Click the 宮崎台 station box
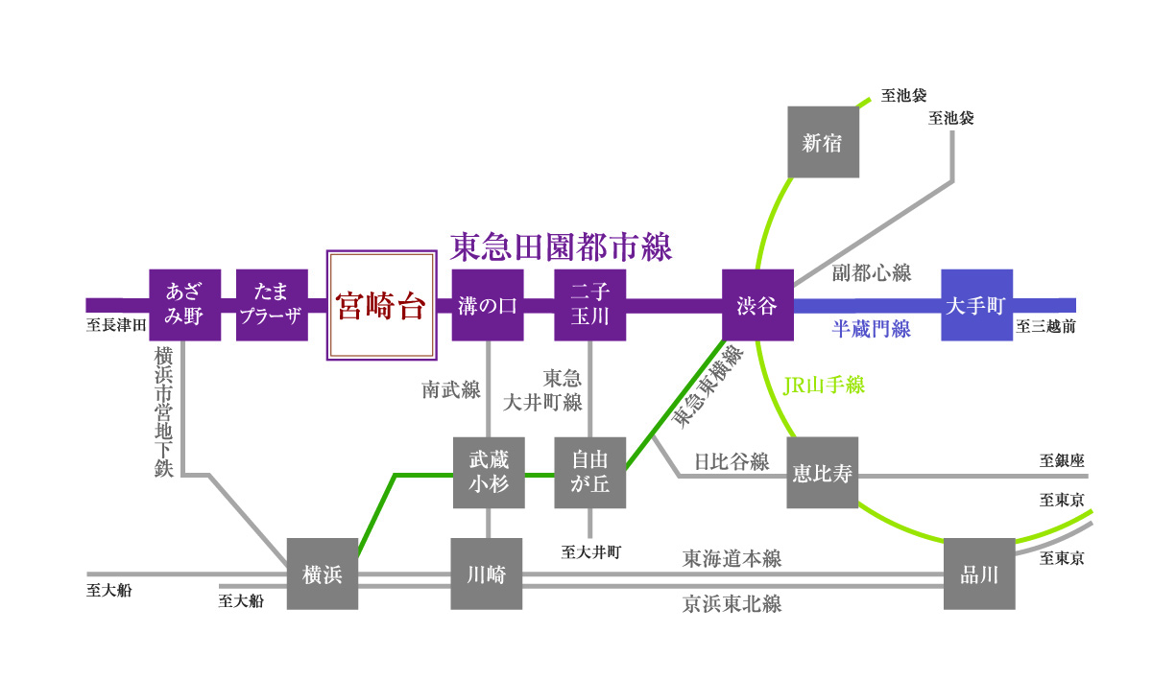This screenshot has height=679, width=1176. coord(379,306)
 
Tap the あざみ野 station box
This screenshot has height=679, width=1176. coord(185,305)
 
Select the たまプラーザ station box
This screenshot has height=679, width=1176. coord(272,305)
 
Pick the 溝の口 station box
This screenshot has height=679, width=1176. coord(488,305)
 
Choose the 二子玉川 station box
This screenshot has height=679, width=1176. coord(590,305)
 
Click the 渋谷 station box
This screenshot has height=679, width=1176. coord(757,305)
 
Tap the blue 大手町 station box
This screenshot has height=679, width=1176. coord(976,305)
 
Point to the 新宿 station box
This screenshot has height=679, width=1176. coord(823,142)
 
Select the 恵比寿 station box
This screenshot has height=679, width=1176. coord(823,473)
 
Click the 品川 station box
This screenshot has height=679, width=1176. coord(979,574)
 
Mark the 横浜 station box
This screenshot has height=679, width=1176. coord(323,574)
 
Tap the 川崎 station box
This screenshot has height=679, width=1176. coord(488,574)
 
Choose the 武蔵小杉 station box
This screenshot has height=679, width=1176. coord(489,473)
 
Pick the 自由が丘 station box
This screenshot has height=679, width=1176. coord(590,473)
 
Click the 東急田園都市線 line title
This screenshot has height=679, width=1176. coord(562,247)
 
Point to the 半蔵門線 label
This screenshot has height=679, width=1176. coord(871,330)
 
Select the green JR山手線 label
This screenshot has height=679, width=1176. coord(825,386)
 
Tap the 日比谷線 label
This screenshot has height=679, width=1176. coord(732,461)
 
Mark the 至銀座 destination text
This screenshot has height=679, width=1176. coord(1061,460)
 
